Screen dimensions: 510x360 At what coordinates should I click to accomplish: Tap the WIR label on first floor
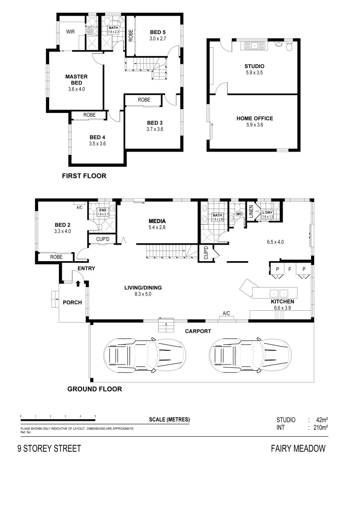coord(71,32)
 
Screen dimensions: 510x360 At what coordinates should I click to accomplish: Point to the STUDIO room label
coord(254,66)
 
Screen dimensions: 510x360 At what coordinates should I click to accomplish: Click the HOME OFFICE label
coord(254,119)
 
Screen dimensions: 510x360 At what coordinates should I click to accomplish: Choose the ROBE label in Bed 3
coord(144,100)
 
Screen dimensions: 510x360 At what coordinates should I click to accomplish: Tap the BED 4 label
coord(97,137)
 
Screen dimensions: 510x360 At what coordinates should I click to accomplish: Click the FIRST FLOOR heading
coord(84,176)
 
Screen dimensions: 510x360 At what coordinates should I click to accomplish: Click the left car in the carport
coord(145,353)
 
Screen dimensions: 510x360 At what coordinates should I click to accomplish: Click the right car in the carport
coord(250,353)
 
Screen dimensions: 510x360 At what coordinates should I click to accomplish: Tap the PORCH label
coord(72,302)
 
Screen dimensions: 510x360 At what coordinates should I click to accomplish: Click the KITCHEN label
coord(282,301)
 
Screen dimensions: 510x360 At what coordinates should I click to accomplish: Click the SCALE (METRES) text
coord(169,419)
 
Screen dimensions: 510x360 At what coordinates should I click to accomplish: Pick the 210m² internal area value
coord(318,428)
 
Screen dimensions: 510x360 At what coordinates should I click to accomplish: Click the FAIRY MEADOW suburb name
coord(298,449)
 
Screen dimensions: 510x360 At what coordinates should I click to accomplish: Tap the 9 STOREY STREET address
coord(49,449)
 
